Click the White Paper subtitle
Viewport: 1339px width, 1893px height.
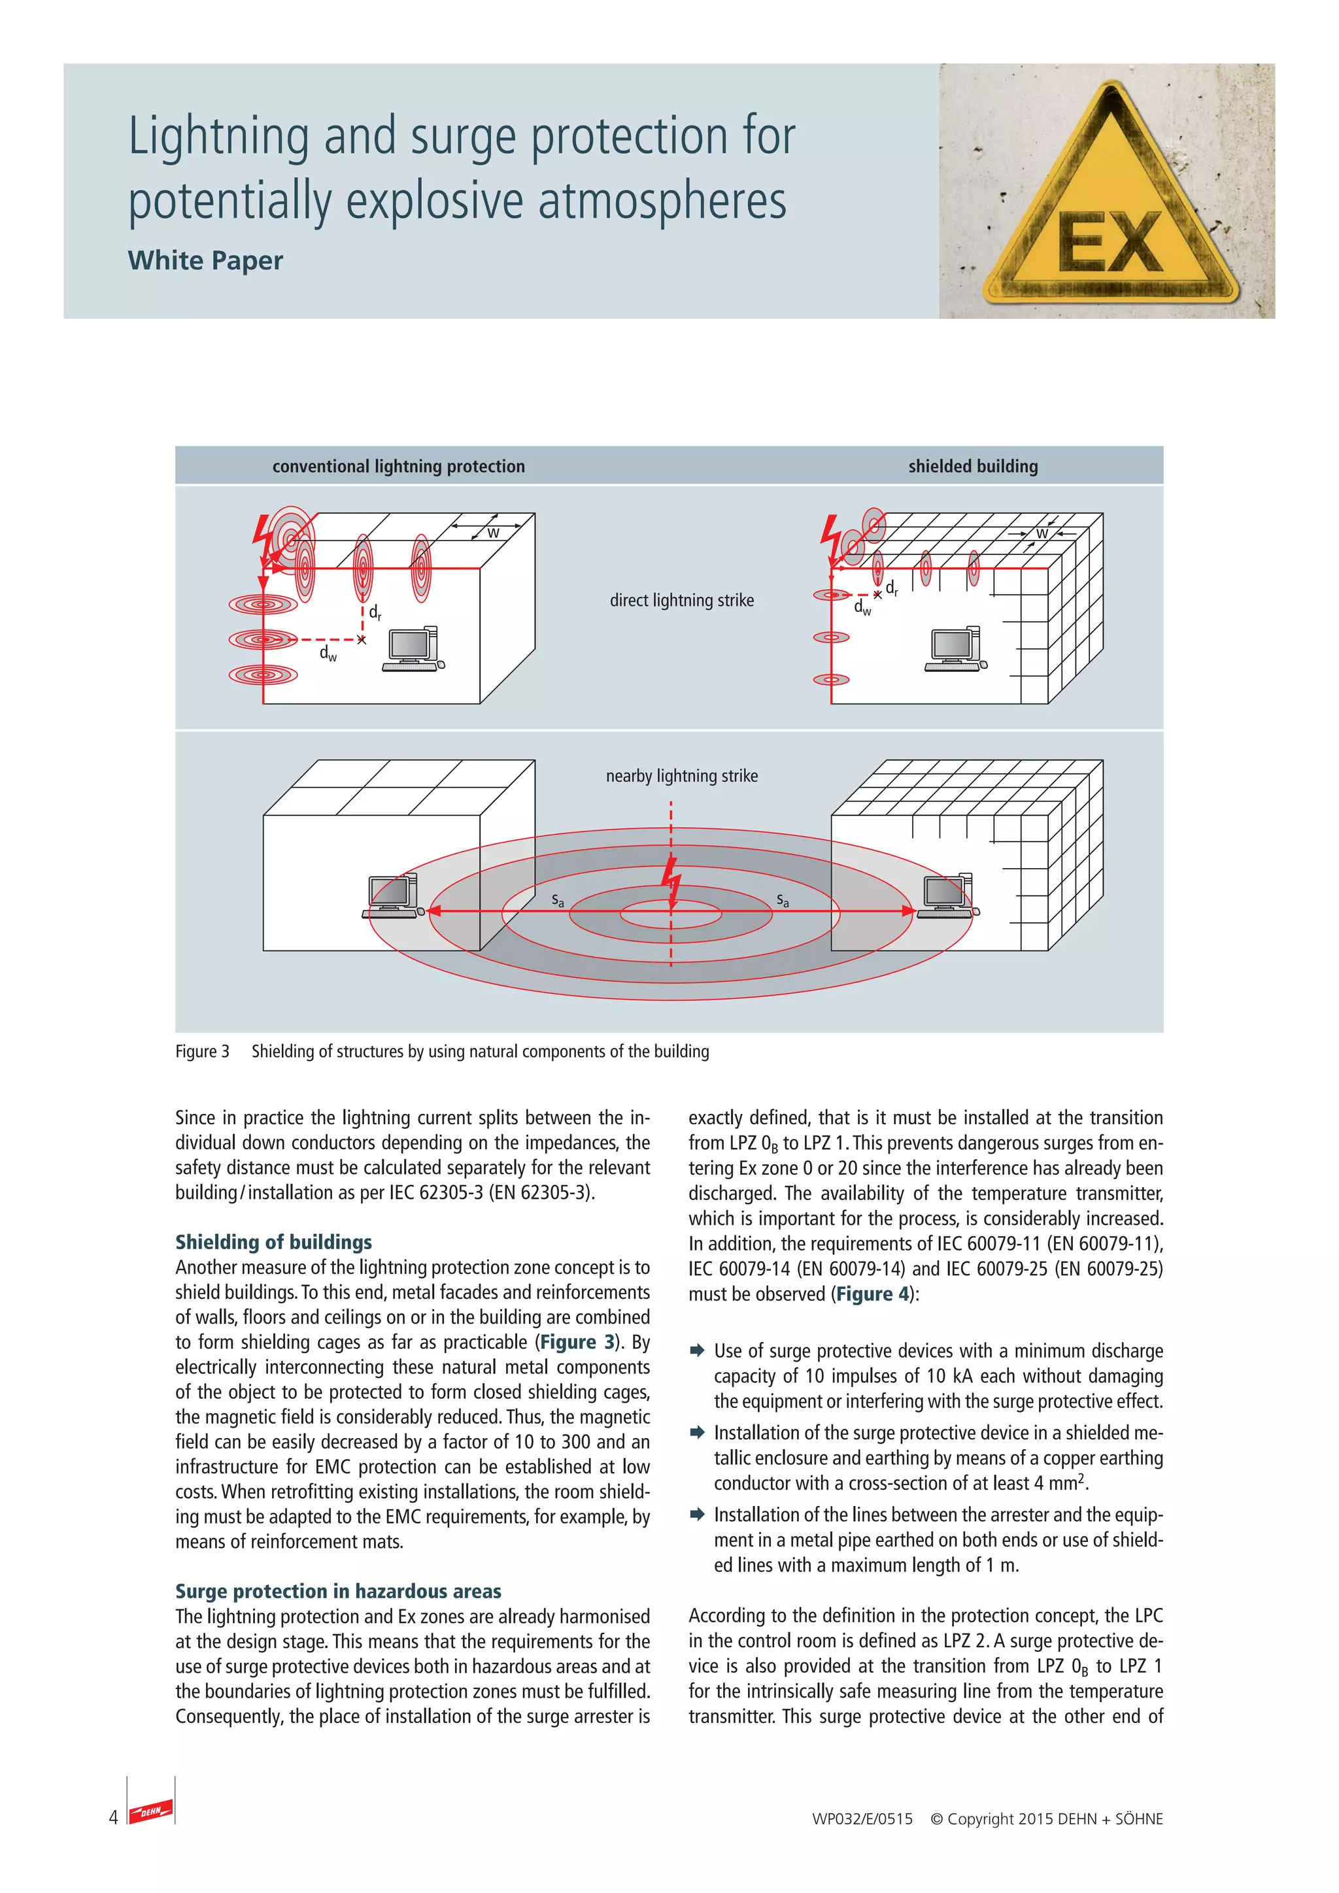[205, 261]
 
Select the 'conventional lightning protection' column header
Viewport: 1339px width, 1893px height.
[398, 467]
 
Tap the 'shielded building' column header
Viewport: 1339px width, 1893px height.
[973, 467]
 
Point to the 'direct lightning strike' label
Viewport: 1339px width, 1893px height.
[681, 600]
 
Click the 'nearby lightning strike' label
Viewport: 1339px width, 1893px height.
[681, 776]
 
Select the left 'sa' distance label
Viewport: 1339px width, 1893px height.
[558, 900]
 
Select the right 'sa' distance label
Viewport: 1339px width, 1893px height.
[783, 900]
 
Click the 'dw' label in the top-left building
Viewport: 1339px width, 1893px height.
[328, 654]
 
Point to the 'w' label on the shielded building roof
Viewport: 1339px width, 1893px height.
[1042, 533]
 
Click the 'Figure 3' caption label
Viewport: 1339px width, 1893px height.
[202, 1051]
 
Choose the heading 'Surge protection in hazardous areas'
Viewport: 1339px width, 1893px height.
[338, 1591]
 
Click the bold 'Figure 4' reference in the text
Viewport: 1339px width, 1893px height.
[872, 1294]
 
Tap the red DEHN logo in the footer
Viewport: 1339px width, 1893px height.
[151, 1811]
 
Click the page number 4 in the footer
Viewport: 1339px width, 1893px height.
[113, 1817]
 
